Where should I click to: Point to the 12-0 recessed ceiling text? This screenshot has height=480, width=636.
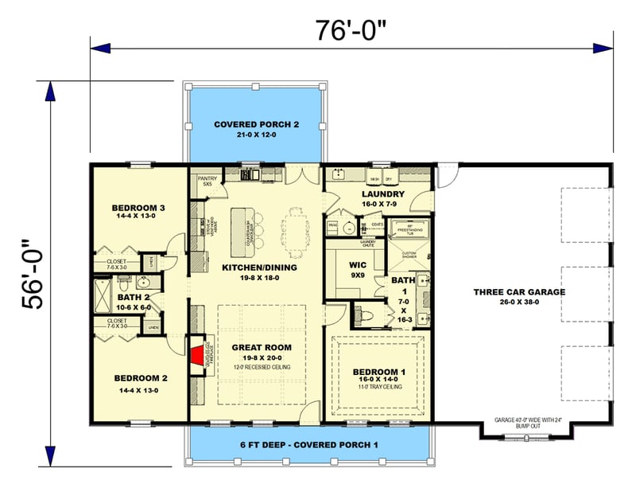pyautogui.click(x=262, y=366)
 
